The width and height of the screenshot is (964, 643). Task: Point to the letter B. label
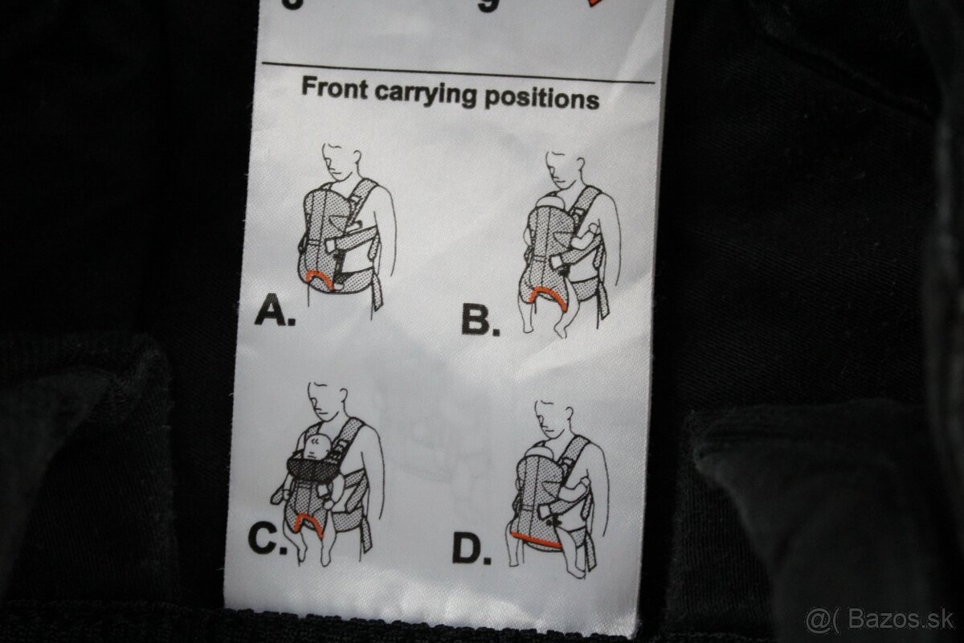pyautogui.click(x=480, y=321)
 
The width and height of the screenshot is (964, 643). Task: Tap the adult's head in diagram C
pyautogui.click(x=329, y=403)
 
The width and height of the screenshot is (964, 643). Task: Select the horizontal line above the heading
pyautogui.click(x=458, y=72)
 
